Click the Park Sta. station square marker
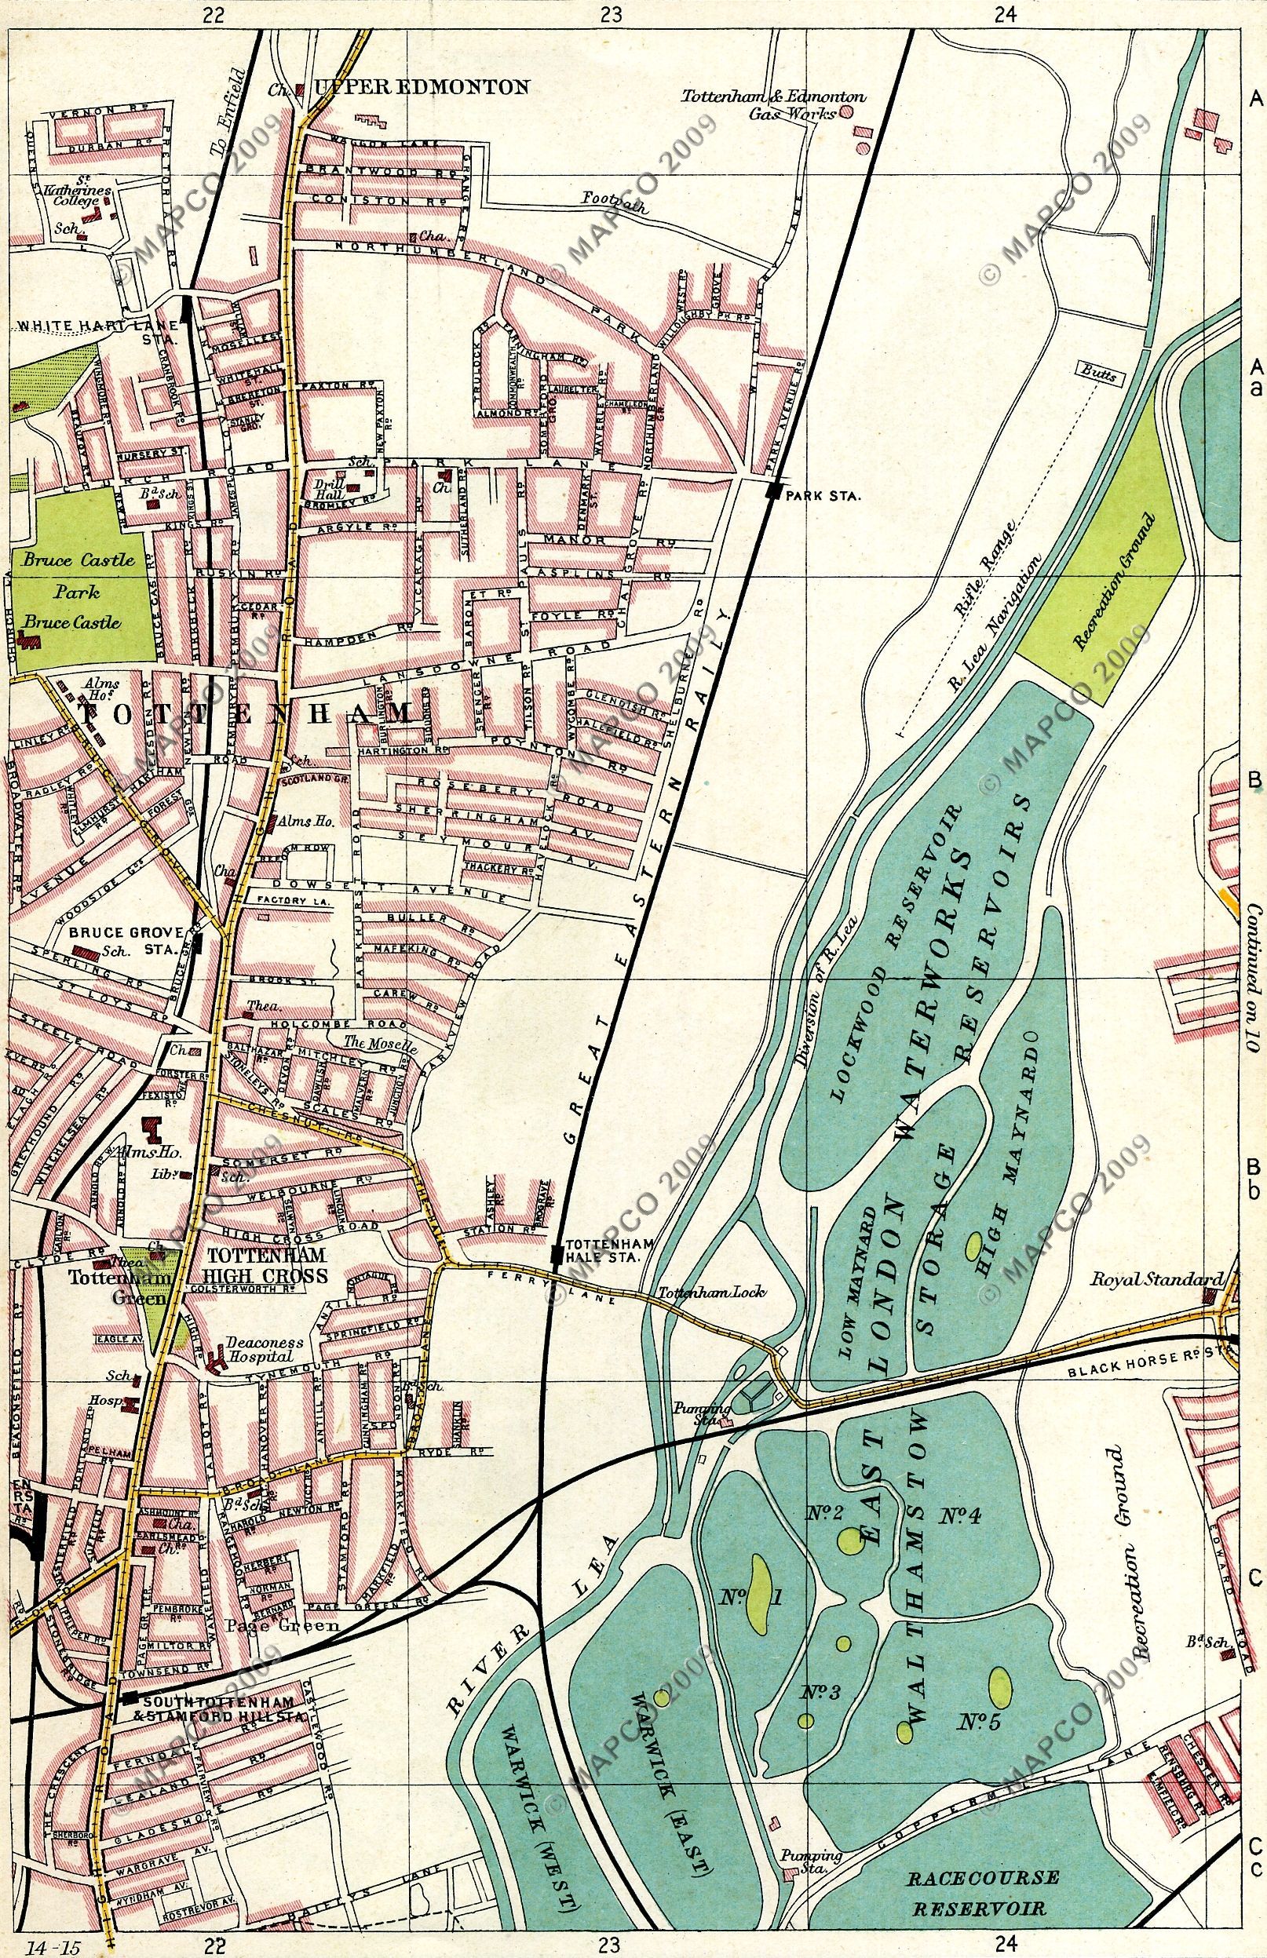pyautogui.click(x=772, y=492)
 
